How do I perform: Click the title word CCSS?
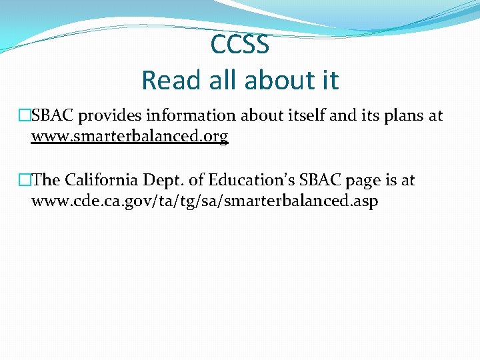click(240, 45)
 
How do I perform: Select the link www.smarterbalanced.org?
click(130, 137)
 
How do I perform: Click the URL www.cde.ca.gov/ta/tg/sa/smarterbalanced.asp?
click(205, 201)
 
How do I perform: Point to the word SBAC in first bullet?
click(53, 116)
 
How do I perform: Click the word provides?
click(109, 116)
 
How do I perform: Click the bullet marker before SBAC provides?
click(25, 116)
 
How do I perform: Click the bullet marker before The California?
click(25, 180)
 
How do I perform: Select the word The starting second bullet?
click(46, 180)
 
